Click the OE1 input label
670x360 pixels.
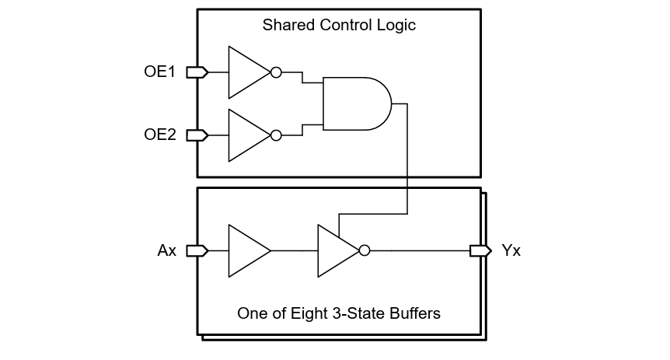point(159,72)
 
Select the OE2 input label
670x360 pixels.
point(159,135)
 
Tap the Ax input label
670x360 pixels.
point(167,251)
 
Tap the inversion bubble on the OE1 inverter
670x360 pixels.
point(275,72)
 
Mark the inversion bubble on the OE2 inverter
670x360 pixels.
point(275,135)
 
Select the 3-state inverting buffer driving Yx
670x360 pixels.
point(336,251)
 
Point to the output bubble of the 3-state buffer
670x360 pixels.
point(365,251)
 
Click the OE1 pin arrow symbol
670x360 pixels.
point(197,72)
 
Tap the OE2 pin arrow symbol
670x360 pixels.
point(197,135)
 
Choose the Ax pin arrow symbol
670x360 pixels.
point(197,251)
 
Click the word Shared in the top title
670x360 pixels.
point(284,25)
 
